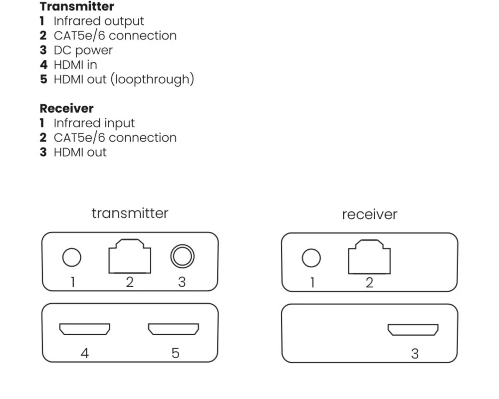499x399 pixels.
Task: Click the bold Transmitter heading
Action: tap(77, 7)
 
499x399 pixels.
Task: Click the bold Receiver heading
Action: tap(66, 108)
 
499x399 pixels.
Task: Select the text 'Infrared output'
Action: tap(98, 21)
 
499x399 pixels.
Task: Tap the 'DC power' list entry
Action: tap(83, 50)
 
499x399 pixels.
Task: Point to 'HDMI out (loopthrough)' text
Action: tap(123, 79)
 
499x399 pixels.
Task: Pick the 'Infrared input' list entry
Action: tap(94, 123)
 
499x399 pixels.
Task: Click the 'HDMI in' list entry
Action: tap(75, 65)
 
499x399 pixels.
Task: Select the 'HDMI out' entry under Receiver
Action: tap(80, 152)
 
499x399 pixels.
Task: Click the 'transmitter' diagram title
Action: tap(130, 213)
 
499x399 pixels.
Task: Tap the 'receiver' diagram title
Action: tap(369, 214)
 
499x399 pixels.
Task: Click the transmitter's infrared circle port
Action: tap(71, 258)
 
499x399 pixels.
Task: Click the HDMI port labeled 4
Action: tap(85, 329)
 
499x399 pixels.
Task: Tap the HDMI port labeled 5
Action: tap(173, 329)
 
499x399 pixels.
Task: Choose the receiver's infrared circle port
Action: tap(311, 258)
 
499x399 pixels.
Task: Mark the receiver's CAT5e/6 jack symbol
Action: tap(369, 257)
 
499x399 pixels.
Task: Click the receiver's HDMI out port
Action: tap(413, 330)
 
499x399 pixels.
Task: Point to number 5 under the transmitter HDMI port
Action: tap(175, 353)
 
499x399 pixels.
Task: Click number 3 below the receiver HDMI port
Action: tap(415, 354)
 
